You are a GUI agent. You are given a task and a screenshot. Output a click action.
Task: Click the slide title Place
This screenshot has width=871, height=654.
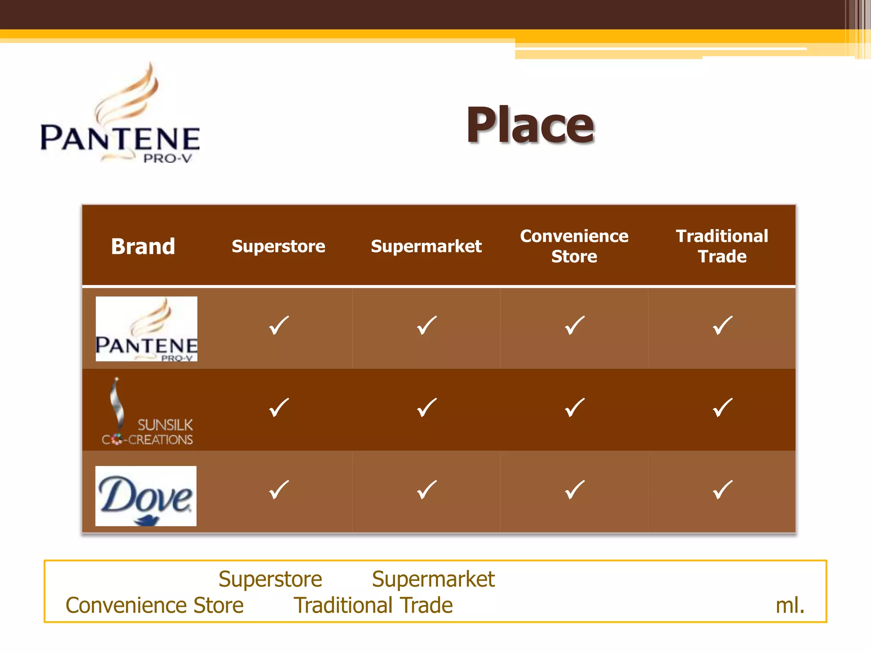[x=530, y=125]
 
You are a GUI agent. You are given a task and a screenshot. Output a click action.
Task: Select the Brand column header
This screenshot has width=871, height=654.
[x=143, y=247]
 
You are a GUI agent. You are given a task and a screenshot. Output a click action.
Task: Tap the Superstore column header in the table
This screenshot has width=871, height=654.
[x=278, y=247]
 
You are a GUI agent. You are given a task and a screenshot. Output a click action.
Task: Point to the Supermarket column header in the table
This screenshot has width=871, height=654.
[x=426, y=247]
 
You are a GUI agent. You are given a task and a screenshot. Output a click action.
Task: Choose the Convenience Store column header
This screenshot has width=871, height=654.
[x=574, y=247]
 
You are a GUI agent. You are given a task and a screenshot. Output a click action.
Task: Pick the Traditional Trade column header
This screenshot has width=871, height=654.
[x=722, y=247]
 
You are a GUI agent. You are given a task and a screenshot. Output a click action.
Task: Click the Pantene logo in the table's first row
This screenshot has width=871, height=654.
[x=146, y=329]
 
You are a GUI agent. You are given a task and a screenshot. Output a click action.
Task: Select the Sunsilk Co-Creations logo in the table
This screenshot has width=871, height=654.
[x=147, y=412]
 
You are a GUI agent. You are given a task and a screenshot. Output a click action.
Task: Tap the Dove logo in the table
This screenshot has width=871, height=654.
[x=146, y=496]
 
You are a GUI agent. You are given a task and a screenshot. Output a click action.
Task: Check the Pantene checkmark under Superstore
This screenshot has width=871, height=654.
[x=279, y=326]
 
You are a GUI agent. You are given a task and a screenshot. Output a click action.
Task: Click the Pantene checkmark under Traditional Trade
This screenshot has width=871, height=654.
[x=722, y=326]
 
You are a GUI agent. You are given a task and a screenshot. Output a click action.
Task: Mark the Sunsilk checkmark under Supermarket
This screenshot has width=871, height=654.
[x=427, y=407]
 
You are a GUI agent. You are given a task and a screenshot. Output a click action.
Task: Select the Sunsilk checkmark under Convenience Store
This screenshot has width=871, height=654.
[x=575, y=407]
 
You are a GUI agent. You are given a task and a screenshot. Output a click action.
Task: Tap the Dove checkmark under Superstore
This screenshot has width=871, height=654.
[x=279, y=490]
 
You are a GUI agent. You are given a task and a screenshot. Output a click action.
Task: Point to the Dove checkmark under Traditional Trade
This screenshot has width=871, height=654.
[x=722, y=490]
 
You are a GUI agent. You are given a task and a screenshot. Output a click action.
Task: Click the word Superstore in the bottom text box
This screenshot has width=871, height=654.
[x=270, y=579]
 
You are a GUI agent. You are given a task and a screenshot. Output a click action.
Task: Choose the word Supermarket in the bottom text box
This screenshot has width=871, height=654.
[x=433, y=579]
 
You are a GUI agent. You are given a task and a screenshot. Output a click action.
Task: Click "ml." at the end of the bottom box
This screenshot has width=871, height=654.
[x=790, y=605]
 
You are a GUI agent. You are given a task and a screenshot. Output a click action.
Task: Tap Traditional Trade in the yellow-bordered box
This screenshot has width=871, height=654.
[x=373, y=605]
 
